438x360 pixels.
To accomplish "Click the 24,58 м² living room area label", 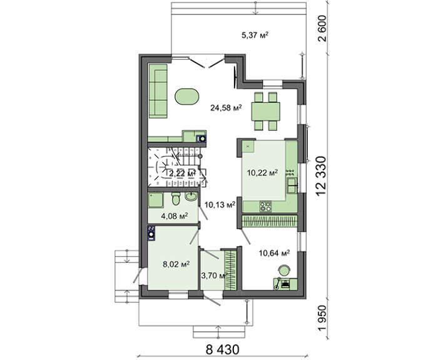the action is coord(226,108).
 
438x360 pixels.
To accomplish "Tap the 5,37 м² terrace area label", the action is coord(255,35).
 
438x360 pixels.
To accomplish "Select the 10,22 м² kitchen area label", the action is coord(262,172).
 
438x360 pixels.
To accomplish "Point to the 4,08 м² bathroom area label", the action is coord(175,215).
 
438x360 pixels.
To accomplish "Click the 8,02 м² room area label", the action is coord(176,264).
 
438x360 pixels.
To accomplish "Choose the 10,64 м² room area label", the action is coord(274,253).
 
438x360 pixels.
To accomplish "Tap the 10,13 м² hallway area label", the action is coord(220,205).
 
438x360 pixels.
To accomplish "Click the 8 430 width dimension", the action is coord(222,349).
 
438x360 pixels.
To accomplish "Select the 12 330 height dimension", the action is coord(321,177).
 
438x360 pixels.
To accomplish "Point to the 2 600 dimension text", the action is coord(322,28).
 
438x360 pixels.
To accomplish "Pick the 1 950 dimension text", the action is coord(322,318).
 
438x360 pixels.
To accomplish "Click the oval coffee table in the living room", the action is coord(187,97).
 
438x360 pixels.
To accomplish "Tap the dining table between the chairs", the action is coord(265,111).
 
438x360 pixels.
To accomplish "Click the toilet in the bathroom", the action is coord(176,198).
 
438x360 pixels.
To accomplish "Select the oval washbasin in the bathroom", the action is coord(191,197).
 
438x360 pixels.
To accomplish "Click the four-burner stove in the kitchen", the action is coord(265,206).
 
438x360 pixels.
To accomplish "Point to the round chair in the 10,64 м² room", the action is coord(284,270).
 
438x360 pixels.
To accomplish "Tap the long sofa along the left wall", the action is coord(158,91).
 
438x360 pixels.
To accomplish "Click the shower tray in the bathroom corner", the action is coord(156,200).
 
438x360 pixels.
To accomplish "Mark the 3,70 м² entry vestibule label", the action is coord(213,276).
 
